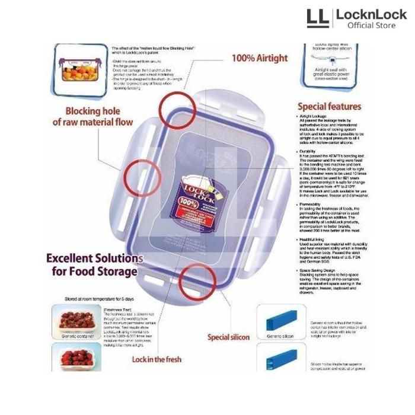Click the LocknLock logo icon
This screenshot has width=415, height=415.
(317, 18)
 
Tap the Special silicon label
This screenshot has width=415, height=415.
(228, 337)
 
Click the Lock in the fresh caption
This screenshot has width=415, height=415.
(157, 359)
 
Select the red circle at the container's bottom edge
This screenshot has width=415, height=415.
(197, 282)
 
